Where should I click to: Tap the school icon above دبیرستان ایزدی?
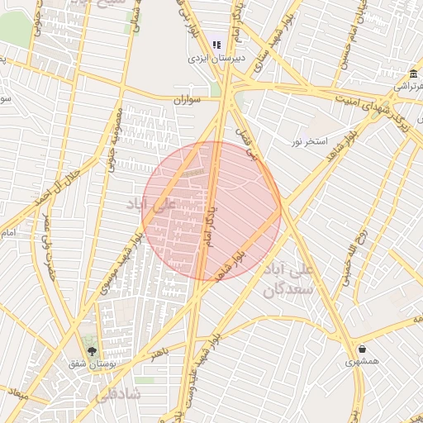(216, 45)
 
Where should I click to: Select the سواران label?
(187, 100)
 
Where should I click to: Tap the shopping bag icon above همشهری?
(363, 348)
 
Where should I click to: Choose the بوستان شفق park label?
(93, 364)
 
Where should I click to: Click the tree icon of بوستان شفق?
(92, 351)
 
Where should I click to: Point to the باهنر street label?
(159, 353)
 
